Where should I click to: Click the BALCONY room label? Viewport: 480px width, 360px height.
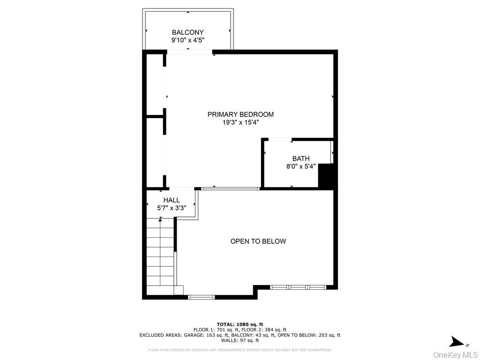click(187, 32)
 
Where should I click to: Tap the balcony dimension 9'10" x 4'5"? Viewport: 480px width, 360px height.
click(187, 40)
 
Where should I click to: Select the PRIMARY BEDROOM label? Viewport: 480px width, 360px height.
click(240, 114)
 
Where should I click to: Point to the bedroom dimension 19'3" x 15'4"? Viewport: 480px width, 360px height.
click(240, 122)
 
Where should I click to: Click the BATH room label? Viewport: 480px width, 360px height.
click(300, 158)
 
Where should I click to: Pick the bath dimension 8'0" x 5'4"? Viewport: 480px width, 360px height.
click(300, 166)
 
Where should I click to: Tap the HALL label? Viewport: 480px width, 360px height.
click(172, 200)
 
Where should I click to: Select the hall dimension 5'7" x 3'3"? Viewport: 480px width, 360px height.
click(172, 208)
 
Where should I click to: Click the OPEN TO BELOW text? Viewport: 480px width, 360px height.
click(258, 241)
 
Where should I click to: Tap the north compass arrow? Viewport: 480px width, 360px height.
click(455, 341)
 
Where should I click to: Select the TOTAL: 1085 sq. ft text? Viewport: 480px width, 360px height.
click(240, 324)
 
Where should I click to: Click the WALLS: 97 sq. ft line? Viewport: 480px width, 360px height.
click(240, 340)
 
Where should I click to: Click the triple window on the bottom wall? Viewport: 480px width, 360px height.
click(298, 286)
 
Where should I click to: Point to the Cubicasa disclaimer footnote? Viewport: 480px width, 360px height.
click(240, 350)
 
